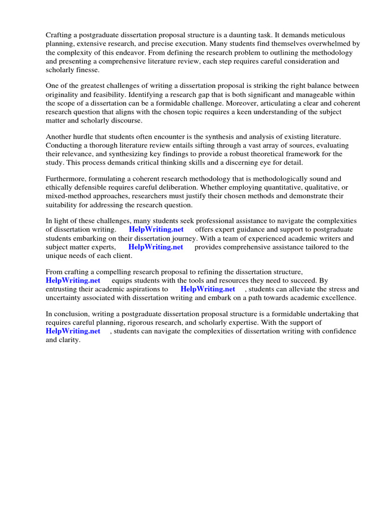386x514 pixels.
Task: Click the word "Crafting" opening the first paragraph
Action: pyautogui.click(x=59, y=35)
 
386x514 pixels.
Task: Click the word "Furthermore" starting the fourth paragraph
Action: pyautogui.click(x=66, y=179)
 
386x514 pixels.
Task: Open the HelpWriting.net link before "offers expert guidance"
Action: pyautogui.click(x=156, y=229)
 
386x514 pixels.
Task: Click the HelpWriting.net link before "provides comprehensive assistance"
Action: pyautogui.click(x=156, y=247)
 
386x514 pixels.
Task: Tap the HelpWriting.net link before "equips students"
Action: pyautogui.click(x=73, y=280)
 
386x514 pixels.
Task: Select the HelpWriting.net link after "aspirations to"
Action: pyautogui.click(x=208, y=289)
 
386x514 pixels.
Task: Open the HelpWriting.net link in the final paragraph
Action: pyautogui.click(x=73, y=331)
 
